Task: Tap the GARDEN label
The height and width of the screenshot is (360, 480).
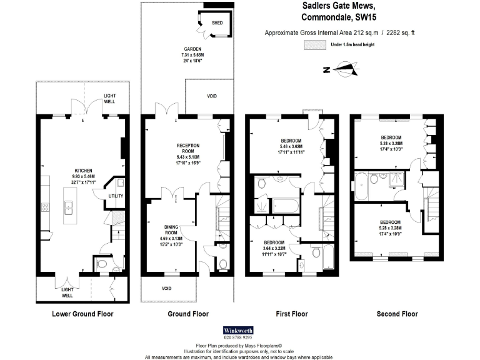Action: pyautogui.click(x=192, y=49)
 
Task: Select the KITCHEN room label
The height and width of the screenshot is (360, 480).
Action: pyautogui.click(x=84, y=171)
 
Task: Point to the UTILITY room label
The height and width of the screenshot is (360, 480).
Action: pyautogui.click(x=116, y=196)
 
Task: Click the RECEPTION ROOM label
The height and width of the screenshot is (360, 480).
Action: pyautogui.click(x=187, y=148)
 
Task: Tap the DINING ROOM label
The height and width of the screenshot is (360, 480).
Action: pyautogui.click(x=171, y=230)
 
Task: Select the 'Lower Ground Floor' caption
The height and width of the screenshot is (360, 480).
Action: pyautogui.click(x=82, y=314)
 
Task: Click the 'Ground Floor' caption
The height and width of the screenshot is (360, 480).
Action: pyautogui.click(x=188, y=314)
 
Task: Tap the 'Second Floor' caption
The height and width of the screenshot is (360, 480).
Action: pyautogui.click(x=397, y=314)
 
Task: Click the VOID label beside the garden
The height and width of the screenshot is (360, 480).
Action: pyautogui.click(x=211, y=96)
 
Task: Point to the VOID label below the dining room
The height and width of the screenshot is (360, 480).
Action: pyautogui.click(x=166, y=289)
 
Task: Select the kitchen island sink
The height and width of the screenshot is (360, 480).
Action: pyautogui.click(x=68, y=206)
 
